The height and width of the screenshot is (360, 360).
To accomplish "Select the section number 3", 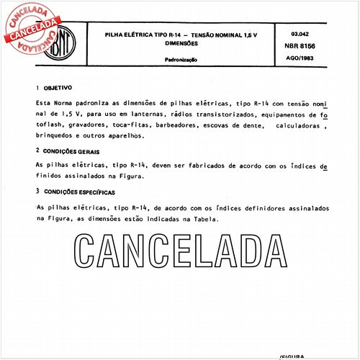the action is [x=37, y=192].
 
